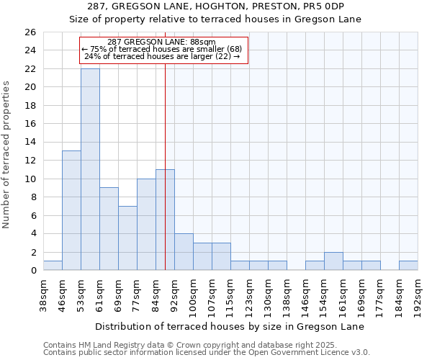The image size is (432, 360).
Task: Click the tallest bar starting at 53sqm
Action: pyautogui.click(x=90, y=169)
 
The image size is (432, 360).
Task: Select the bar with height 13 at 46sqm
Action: pyautogui.click(x=71, y=210)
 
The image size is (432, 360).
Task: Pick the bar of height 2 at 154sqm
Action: pyautogui.click(x=333, y=261)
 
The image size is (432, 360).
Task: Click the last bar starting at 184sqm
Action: pyautogui.click(x=408, y=266)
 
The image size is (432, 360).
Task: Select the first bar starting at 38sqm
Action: pyautogui.click(x=53, y=266)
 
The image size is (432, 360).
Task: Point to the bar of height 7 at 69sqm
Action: pyautogui.click(x=127, y=238)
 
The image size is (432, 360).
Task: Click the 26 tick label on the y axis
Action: pyautogui.click(x=30, y=32)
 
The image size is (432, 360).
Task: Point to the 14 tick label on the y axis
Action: pyautogui.click(x=30, y=142)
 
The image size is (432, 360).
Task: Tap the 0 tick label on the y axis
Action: pyautogui.click(x=32, y=271)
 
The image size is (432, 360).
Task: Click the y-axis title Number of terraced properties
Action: pyautogui.click(x=6, y=155)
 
